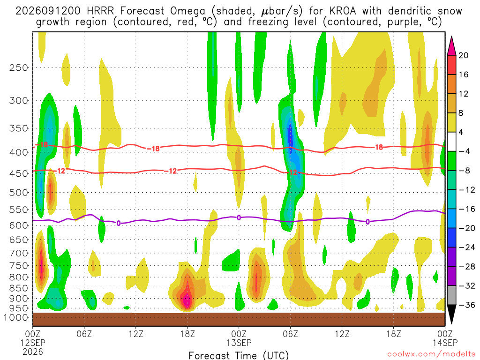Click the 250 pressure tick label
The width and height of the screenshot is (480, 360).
18,67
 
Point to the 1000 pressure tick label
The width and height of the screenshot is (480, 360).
16,317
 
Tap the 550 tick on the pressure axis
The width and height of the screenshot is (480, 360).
18,210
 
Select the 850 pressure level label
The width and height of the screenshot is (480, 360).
18,288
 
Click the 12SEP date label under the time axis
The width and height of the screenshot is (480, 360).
33,343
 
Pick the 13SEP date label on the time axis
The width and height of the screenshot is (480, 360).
239,343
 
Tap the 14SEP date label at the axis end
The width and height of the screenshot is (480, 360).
445,343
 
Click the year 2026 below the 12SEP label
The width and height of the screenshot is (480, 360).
33,352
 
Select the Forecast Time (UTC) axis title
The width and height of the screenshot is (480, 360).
239,355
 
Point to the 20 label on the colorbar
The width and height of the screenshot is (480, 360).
463,55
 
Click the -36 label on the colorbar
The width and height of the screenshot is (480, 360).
466,305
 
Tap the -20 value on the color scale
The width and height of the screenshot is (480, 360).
466,228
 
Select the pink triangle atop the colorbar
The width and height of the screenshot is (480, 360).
451,46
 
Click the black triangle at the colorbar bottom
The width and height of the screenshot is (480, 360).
451,314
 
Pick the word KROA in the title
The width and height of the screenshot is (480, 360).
343,11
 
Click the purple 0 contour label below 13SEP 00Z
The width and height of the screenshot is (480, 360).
239,217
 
